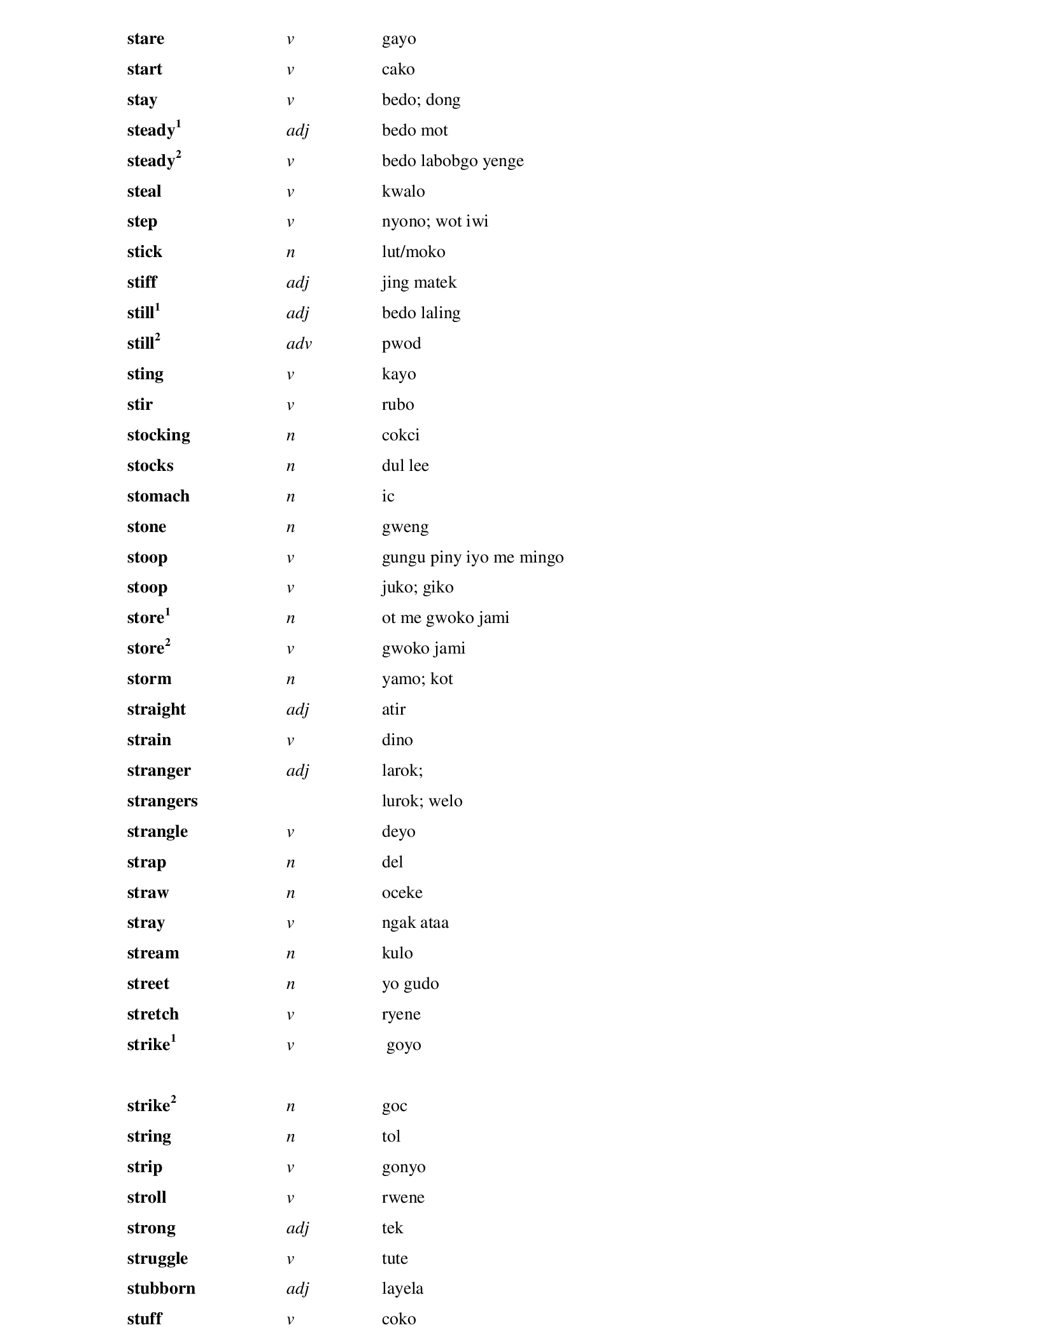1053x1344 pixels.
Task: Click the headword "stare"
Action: click(x=145, y=39)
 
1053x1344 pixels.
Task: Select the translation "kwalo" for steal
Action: click(x=403, y=192)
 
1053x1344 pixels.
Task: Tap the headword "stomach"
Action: click(x=158, y=496)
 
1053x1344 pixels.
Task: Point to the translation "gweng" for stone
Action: click(x=405, y=528)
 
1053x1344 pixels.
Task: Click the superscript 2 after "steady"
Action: click(x=179, y=154)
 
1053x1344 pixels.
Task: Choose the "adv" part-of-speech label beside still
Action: click(x=299, y=344)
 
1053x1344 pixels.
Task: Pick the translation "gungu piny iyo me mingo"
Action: click(x=472, y=557)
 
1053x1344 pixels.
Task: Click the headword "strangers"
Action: click(x=162, y=801)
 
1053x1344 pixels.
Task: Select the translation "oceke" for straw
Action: click(x=402, y=893)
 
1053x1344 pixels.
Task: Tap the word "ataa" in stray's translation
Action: click(x=434, y=923)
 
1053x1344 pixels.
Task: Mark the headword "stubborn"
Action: click(x=161, y=1289)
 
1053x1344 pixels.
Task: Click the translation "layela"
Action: click(x=402, y=1289)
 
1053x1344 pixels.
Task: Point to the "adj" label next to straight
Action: click(x=297, y=710)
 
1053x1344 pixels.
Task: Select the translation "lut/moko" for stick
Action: click(x=413, y=252)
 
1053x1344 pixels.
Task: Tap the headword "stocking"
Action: click(x=159, y=435)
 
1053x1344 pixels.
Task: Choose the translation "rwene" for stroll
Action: click(x=403, y=1198)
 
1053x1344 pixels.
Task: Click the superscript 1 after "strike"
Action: click(x=173, y=1038)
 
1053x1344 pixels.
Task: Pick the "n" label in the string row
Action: click(x=290, y=1137)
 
